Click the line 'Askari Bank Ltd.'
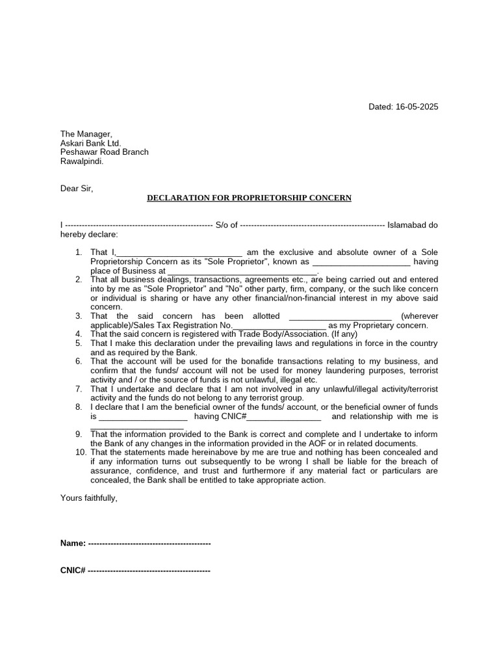pos(91,143)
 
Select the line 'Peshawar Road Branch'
pos(105,152)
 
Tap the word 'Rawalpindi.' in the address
pos(82,161)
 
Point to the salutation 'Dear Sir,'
pos(77,189)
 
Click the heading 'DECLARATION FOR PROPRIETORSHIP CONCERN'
pos(249,198)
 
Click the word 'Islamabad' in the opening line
pos(407,225)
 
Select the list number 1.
pos(78,252)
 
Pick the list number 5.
pos(78,343)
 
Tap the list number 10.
pos(80,452)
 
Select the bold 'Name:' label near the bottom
pos(73,543)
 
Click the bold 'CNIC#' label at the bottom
pos(73,570)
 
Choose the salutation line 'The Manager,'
pos(86,134)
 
